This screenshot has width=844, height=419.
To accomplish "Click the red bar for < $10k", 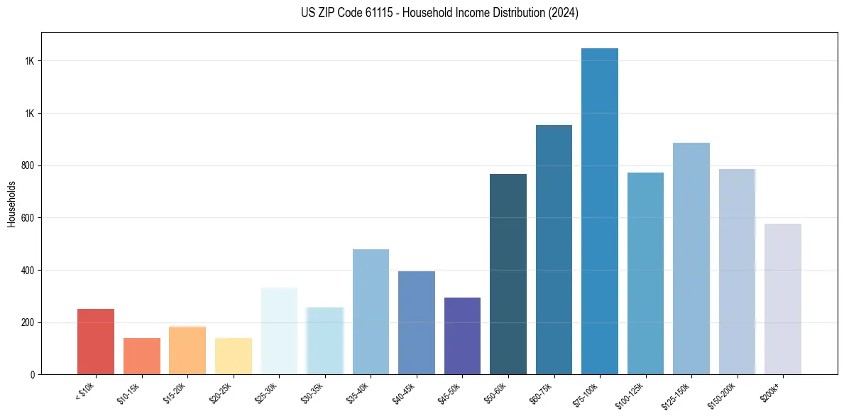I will [x=96, y=342].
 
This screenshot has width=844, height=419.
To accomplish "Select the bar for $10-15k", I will [x=142, y=356].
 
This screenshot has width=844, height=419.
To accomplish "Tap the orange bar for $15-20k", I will [x=187, y=350].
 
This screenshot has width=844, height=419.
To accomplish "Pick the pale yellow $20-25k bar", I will [x=234, y=356].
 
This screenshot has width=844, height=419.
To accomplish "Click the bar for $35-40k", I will [x=371, y=312].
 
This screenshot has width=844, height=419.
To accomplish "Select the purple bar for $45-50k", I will [x=462, y=336].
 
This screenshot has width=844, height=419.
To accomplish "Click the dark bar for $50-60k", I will [x=508, y=274].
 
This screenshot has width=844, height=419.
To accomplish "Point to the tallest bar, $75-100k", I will [x=600, y=211].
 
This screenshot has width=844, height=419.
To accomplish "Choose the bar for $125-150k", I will [x=691, y=259].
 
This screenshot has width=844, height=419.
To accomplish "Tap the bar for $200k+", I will [x=783, y=299].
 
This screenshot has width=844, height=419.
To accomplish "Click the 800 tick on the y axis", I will [x=28, y=165].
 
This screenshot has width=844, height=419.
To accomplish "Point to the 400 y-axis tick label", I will [x=28, y=271].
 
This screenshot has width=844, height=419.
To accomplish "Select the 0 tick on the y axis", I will [x=33, y=375].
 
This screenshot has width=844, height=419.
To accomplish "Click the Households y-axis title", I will [x=11, y=203].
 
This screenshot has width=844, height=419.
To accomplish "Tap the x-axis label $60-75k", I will [x=542, y=393].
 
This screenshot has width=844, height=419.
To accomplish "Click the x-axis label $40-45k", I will [x=405, y=393].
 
